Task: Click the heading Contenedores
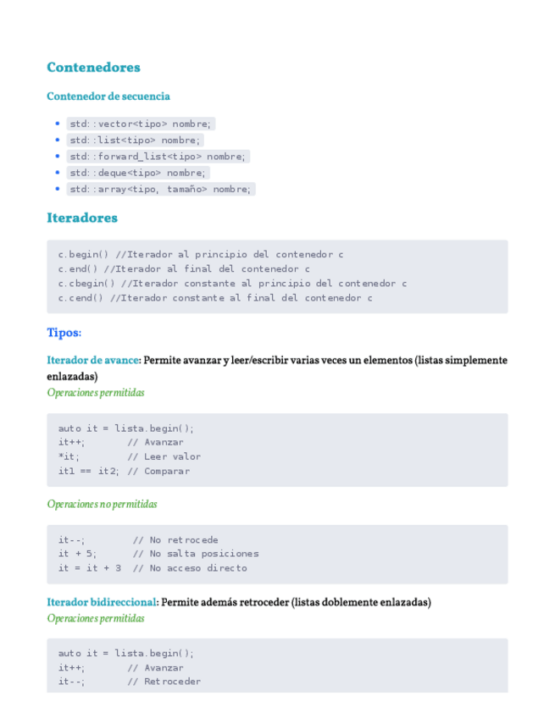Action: coord(93,68)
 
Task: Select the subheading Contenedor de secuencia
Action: coord(108,97)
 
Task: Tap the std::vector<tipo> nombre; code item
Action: coord(141,124)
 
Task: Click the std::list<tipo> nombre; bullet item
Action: coord(135,140)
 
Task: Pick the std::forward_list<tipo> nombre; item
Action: coord(158,156)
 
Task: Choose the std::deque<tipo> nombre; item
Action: coord(137,173)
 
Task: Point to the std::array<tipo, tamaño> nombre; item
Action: coord(160,189)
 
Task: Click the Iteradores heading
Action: coord(82,218)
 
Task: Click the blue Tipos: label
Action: coord(64,333)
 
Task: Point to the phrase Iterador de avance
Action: coord(92,360)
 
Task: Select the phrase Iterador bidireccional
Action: coord(102,602)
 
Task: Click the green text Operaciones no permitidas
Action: coord(102,504)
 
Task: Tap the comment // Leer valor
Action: coord(164,456)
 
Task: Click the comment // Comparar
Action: coord(158,471)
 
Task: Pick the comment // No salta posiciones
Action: coord(196,554)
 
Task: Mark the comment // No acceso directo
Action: coord(190,568)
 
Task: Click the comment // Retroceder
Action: coord(164,682)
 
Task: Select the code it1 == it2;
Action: coord(88,471)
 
